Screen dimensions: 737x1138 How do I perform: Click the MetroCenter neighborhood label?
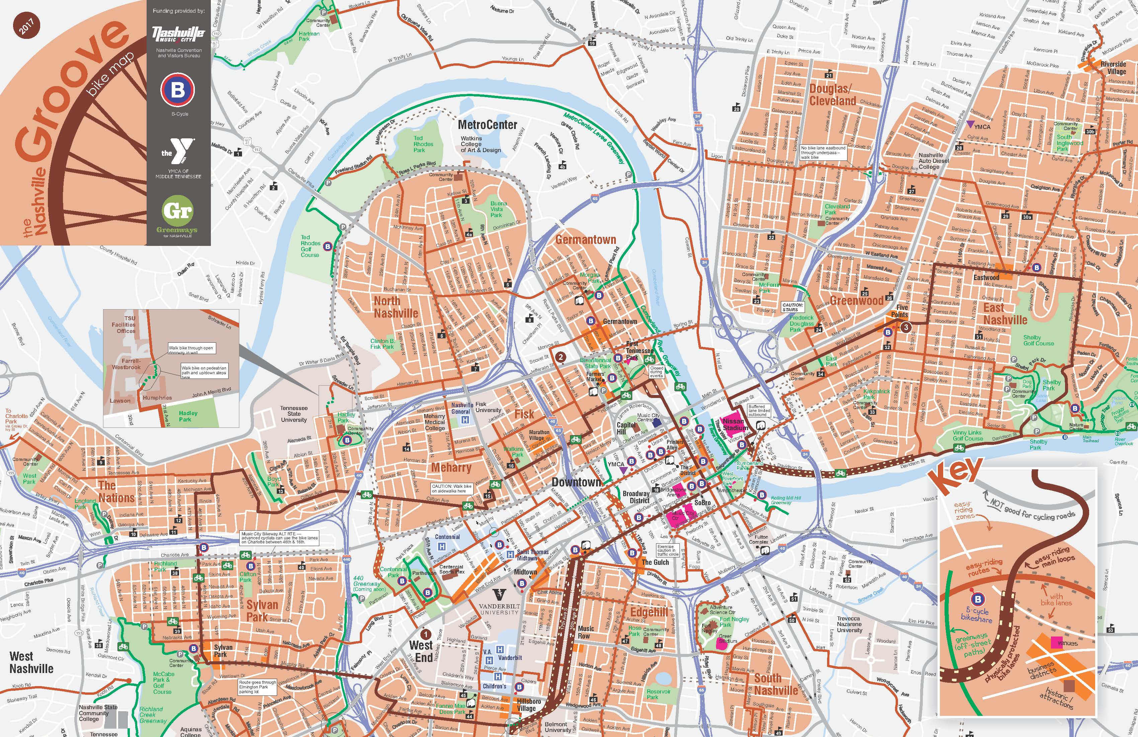pos(487,125)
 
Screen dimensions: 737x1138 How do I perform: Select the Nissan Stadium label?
pos(734,424)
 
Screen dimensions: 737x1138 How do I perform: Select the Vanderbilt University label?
pos(499,609)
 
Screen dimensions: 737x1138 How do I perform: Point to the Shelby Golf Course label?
pos(1038,340)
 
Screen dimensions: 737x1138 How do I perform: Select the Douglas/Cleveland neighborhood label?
pos(832,95)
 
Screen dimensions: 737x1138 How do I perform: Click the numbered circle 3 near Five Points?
pos(906,327)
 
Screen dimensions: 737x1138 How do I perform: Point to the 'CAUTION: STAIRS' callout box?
pos(792,307)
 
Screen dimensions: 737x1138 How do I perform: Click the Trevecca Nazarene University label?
pos(849,624)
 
